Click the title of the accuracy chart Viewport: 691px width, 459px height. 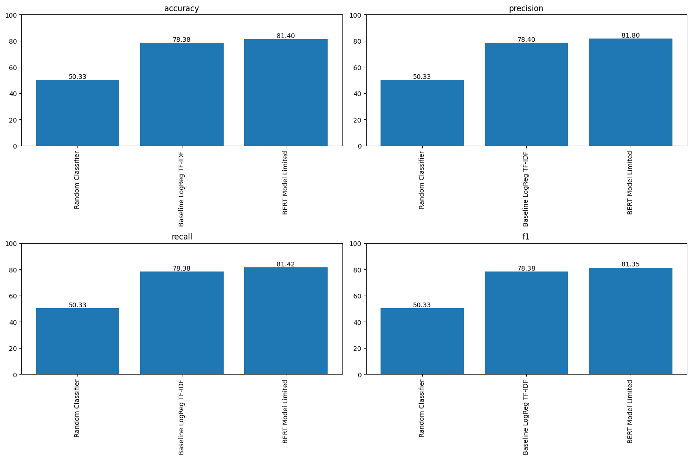(x=181, y=8)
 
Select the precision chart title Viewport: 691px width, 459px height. (x=526, y=8)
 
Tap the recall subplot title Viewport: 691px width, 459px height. (x=181, y=237)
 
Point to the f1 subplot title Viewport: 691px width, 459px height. (x=526, y=237)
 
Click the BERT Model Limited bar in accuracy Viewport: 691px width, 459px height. (x=285, y=93)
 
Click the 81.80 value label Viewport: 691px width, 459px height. (x=630, y=35)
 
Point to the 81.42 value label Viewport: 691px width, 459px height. (x=285, y=264)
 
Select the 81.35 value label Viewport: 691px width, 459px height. (x=630, y=264)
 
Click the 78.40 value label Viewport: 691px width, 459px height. (x=526, y=39)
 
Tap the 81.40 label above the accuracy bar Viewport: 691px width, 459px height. (x=285, y=36)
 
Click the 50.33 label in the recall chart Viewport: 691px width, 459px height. (x=77, y=305)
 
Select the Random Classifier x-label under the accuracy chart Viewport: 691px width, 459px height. (x=77, y=180)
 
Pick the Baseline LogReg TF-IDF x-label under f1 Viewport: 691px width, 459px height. (x=526, y=417)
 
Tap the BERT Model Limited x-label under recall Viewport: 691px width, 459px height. (x=285, y=411)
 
